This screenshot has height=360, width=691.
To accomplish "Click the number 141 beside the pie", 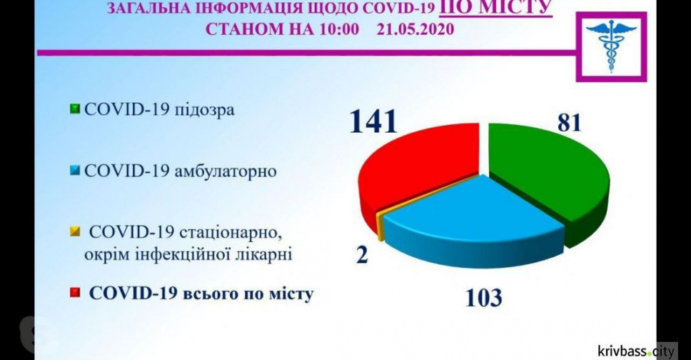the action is click(374, 122).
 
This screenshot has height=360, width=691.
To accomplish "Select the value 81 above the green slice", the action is click(570, 122).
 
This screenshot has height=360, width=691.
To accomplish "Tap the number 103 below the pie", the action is click(484, 298).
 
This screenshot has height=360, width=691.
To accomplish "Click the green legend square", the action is click(75, 109).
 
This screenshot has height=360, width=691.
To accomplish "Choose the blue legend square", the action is click(75, 170).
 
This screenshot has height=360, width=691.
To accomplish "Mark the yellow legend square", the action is click(75, 231).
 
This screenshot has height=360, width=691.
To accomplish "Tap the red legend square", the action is click(75, 292).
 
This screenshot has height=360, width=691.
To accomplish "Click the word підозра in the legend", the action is click(204, 110).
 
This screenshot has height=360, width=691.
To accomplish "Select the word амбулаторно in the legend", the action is click(225, 171).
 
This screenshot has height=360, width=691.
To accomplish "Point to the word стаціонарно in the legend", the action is click(231, 233).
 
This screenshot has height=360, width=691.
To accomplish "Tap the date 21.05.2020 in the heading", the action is click(415, 29).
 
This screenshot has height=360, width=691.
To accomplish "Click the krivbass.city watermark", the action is click(636, 351).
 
